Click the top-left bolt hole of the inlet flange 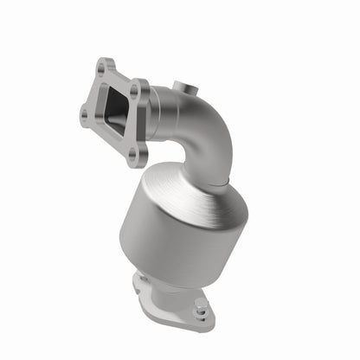pos(105,65)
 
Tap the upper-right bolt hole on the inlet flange pos(134,87)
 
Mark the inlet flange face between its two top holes pos(120,75)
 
